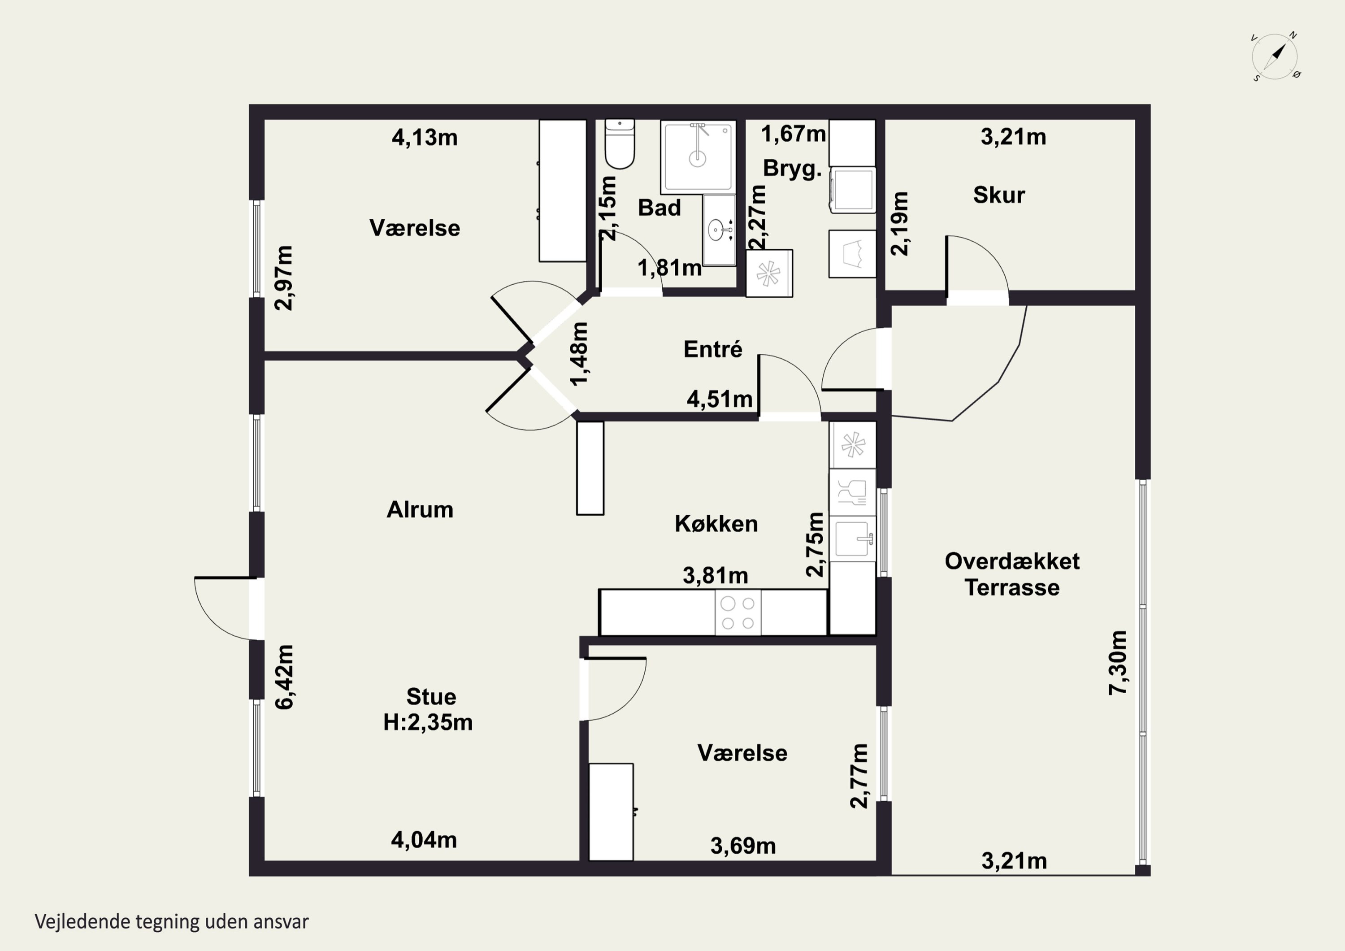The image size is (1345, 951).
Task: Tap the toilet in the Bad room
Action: [x=620, y=143]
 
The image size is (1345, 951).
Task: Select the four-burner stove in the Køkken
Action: [x=738, y=612]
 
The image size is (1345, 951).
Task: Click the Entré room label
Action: [x=713, y=349]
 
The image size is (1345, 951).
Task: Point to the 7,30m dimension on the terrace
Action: [x=1118, y=663]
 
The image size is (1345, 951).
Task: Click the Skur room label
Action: [x=999, y=195]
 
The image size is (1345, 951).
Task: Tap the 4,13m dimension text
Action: [x=425, y=138]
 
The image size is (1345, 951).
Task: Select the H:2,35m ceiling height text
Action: [x=428, y=722]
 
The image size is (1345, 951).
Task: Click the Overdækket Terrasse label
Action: [x=1012, y=574]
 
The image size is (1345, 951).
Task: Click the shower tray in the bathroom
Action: [x=698, y=157]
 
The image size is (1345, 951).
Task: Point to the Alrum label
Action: [x=420, y=510]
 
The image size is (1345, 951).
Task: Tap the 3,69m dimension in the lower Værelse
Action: [x=743, y=846]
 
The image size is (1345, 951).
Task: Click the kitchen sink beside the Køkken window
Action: [x=852, y=538]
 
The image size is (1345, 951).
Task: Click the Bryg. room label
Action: [x=793, y=169]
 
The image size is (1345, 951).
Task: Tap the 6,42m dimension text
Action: [x=285, y=677]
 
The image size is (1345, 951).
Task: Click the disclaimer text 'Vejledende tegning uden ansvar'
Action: [x=172, y=922]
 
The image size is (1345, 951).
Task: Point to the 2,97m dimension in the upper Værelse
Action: [x=285, y=278]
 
